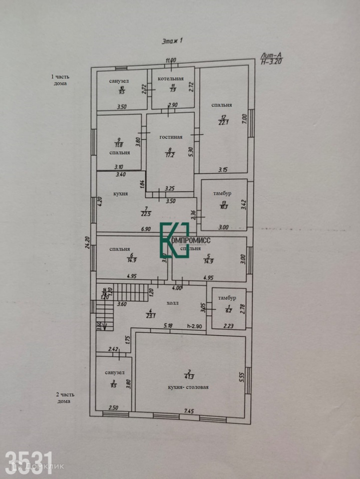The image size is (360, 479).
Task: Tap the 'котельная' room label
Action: [x=171, y=78]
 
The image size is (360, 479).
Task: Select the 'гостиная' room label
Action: [x=171, y=137]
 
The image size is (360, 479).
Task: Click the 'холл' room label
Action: [x=173, y=303]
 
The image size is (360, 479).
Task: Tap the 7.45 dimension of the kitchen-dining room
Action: [x=189, y=411]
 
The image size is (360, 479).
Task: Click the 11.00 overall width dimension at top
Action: [x=171, y=60]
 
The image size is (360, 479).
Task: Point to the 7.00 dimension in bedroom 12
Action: [x=244, y=119]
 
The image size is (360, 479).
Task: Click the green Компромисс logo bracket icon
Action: [x=174, y=240]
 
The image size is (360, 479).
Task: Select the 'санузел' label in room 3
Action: [x=115, y=372]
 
